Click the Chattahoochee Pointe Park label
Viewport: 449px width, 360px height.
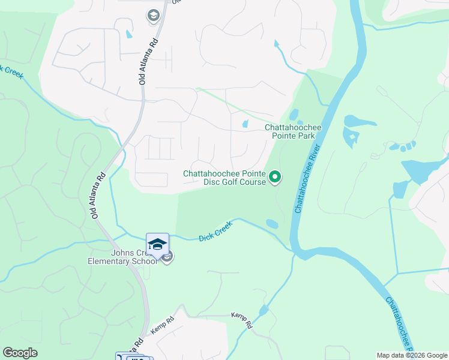[294, 132]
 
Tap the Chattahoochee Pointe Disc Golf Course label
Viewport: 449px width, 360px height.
[224, 178]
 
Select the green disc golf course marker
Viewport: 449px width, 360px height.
[275, 176]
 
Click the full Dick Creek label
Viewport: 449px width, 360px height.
[215, 233]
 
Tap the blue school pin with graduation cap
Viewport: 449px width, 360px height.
[157, 244]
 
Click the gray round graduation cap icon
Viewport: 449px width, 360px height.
[153, 15]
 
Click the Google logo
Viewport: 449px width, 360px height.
[20, 353]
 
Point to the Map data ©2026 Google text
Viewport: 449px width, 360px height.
[411, 355]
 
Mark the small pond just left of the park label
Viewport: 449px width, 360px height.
[244, 124]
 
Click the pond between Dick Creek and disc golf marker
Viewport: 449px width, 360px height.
[272, 224]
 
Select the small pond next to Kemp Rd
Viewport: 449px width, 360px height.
[264, 310]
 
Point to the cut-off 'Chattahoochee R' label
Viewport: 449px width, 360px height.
[399, 324]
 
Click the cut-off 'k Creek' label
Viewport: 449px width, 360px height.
[11, 71]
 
